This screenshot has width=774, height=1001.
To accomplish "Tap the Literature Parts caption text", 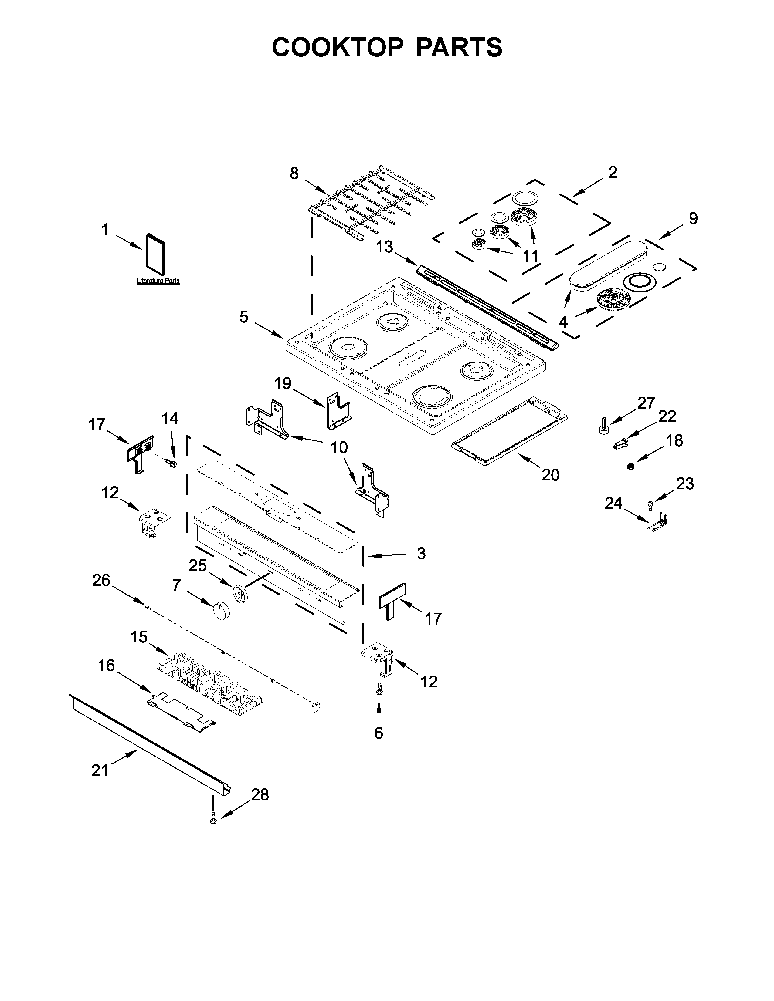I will point(158,281).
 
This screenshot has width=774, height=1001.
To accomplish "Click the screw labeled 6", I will point(379,702).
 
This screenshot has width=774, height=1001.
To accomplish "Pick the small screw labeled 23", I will point(650,504).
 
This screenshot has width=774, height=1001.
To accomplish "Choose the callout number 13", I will point(384,247).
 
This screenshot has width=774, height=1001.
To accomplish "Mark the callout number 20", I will point(550,475).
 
